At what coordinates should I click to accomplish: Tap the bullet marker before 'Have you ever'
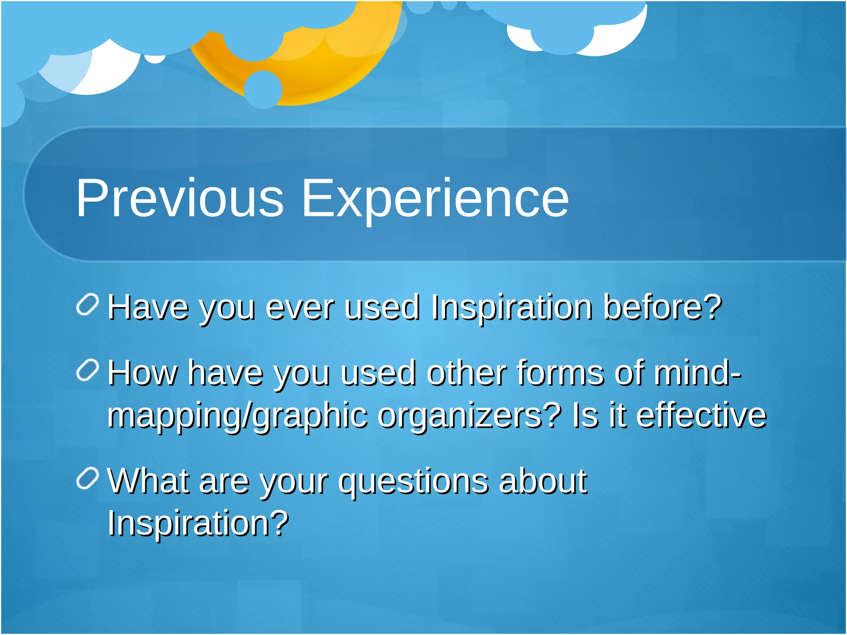point(88,305)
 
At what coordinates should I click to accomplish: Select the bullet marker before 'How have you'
point(88,370)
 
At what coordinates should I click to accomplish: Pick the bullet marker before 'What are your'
point(88,478)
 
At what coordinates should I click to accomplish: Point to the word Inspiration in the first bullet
point(512,308)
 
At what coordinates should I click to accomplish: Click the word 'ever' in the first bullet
point(299,308)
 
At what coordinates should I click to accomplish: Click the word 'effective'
point(701,415)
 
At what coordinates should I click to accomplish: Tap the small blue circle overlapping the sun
point(263,89)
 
